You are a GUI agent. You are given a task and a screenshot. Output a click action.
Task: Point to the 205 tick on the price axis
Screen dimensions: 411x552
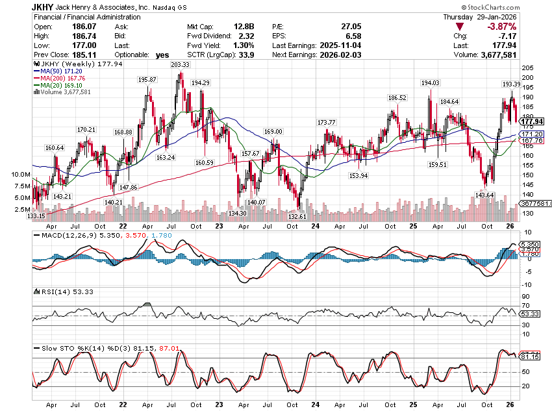click(x=527, y=68)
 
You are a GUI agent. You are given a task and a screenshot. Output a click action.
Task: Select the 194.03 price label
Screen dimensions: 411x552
click(x=430, y=83)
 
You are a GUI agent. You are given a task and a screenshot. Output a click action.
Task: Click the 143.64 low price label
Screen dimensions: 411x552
click(x=486, y=195)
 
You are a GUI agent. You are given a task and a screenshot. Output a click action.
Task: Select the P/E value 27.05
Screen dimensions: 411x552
click(x=351, y=27)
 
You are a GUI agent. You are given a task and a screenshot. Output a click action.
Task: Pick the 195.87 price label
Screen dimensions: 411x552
click(x=148, y=79)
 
